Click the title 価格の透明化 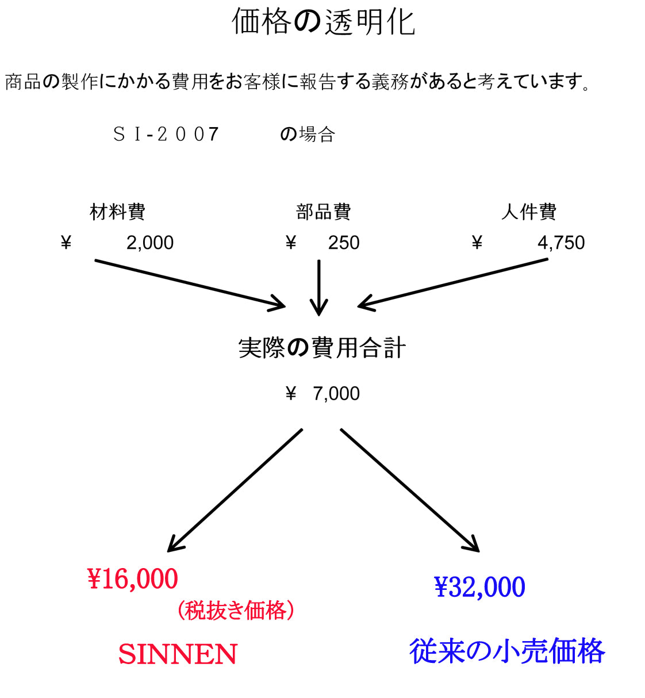click(x=323, y=22)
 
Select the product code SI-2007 click(x=166, y=135)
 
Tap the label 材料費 click(x=117, y=212)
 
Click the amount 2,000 click(x=150, y=243)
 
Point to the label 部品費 click(x=323, y=212)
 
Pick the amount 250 click(x=344, y=243)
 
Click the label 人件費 click(x=529, y=212)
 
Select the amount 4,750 click(x=561, y=243)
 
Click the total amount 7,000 click(x=336, y=394)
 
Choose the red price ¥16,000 click(x=133, y=579)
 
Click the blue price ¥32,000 click(x=480, y=587)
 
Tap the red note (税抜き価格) click(x=236, y=611)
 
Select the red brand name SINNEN click(x=178, y=654)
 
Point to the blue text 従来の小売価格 click(x=507, y=651)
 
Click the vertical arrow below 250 click(x=318, y=287)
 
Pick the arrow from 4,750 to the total click(x=453, y=283)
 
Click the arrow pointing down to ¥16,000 click(x=235, y=490)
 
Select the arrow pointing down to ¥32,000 click(x=410, y=490)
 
